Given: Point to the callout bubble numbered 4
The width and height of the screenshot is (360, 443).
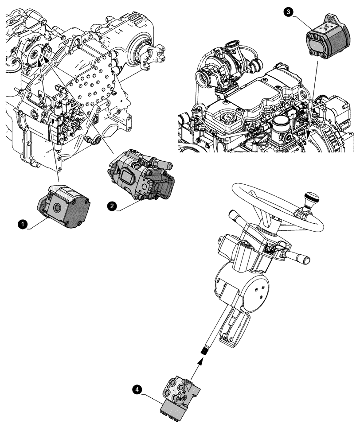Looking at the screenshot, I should (139, 389).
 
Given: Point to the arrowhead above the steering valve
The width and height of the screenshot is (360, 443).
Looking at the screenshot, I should (201, 361).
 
